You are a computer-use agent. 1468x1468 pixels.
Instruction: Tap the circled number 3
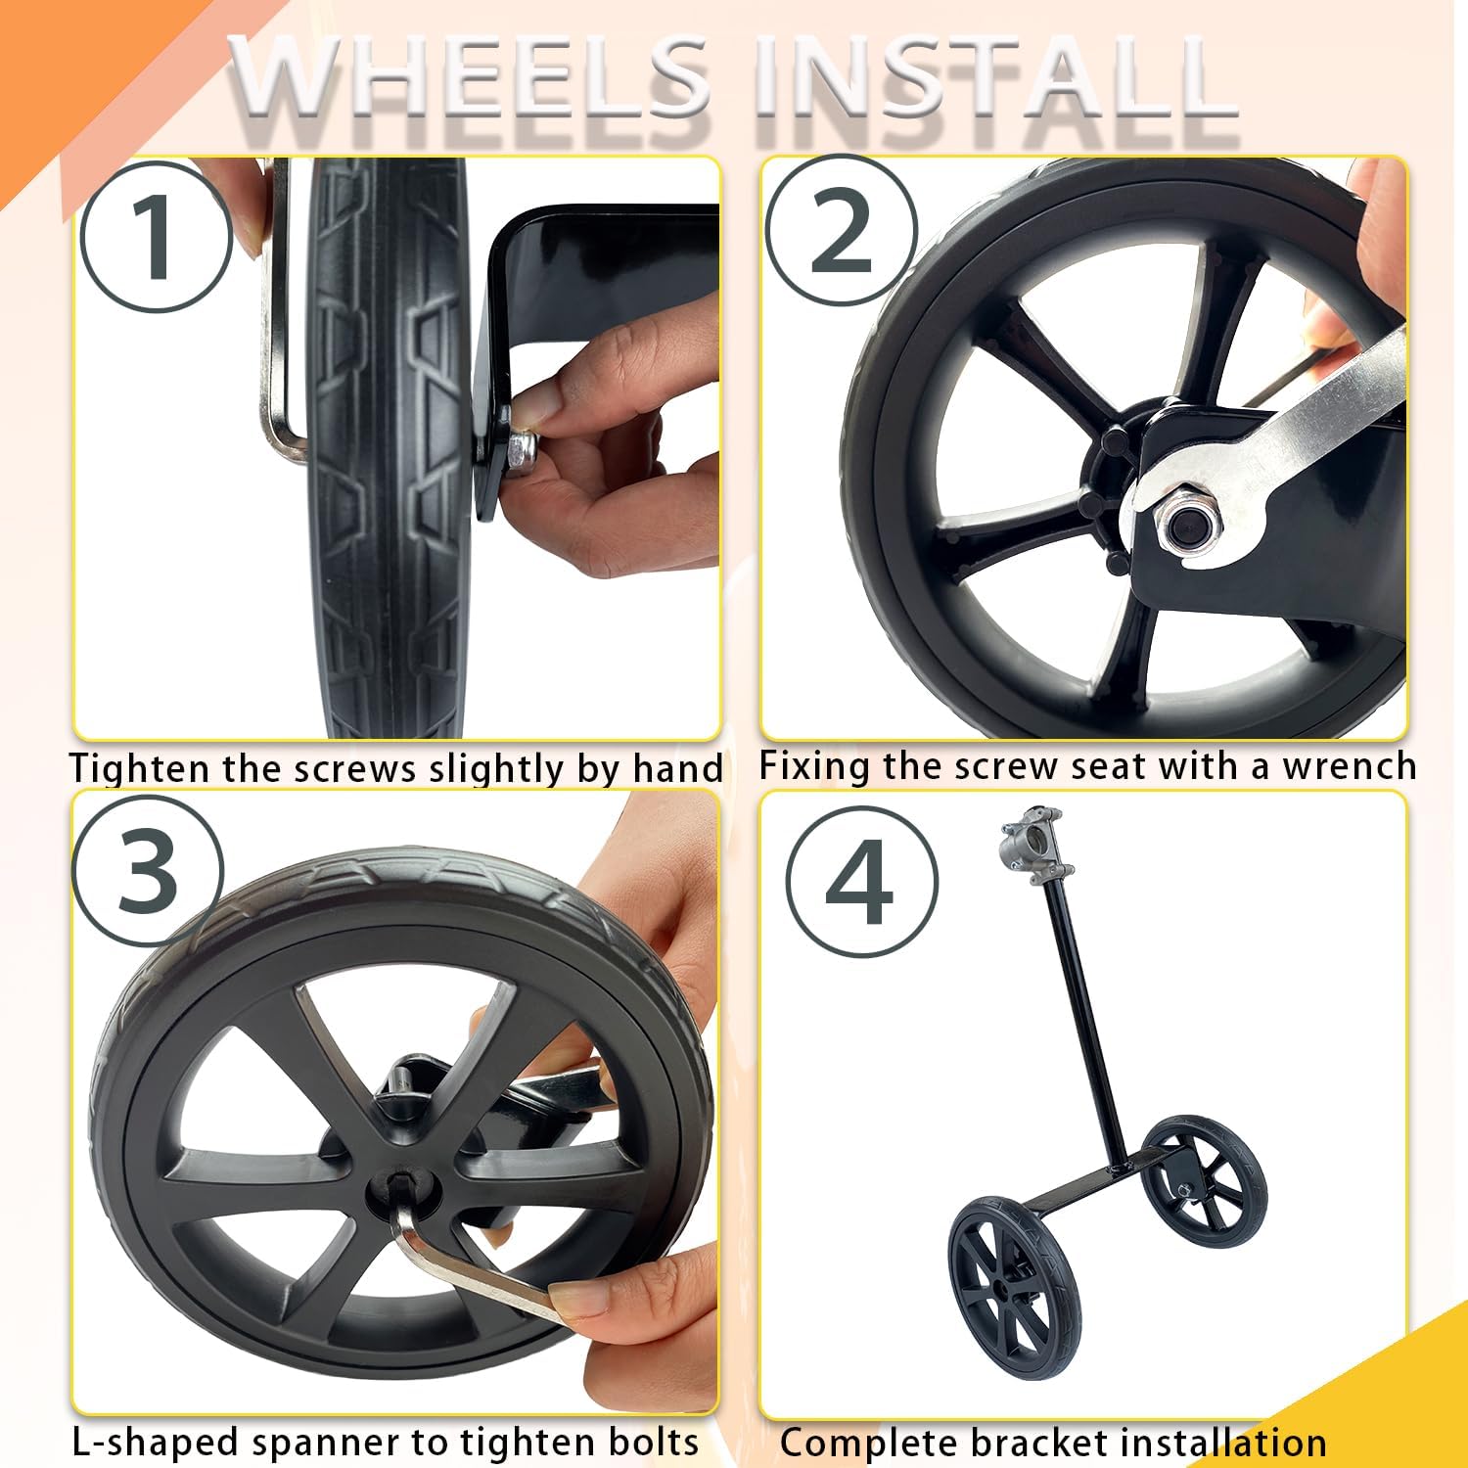pyautogui.click(x=148, y=870)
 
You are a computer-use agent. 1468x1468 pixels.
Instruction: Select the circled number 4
pyautogui.click(x=860, y=881)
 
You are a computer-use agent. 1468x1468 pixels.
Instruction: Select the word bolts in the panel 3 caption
pyautogui.click(x=652, y=1443)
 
